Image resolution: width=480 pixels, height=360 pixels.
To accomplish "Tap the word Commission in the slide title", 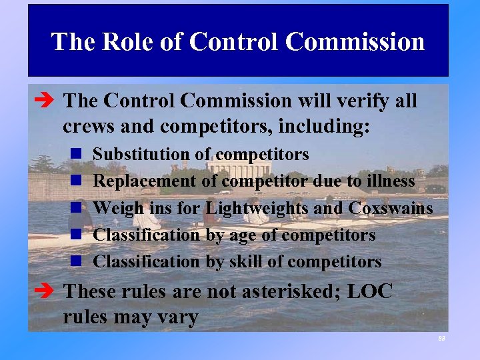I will tap(355, 41).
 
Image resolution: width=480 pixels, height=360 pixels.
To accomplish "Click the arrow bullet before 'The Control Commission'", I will tap(47, 101).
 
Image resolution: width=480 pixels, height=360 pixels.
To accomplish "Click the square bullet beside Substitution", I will tap(76, 155).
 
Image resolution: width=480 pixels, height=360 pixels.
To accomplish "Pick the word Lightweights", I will tap(257, 208).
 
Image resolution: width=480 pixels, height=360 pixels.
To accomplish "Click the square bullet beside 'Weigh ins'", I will tap(76, 208).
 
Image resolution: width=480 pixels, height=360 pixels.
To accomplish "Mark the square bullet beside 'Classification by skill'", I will tap(76, 262).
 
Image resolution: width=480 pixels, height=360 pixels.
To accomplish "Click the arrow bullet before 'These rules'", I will tap(47, 291).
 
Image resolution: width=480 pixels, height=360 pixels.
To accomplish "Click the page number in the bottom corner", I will tap(441, 338).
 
